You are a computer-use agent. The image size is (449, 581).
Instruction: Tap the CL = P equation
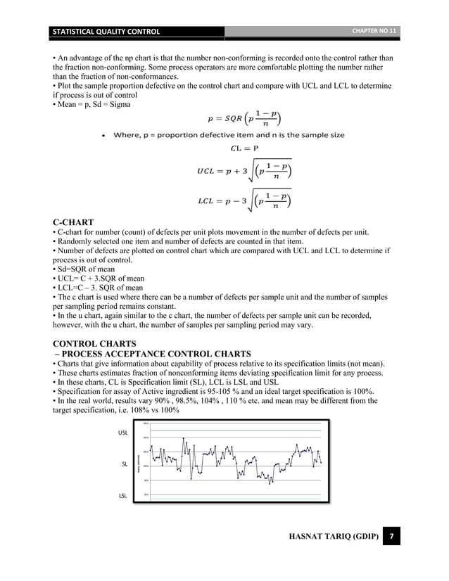244,148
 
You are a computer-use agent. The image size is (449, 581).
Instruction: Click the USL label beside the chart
123,433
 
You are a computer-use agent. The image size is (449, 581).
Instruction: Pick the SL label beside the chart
125,464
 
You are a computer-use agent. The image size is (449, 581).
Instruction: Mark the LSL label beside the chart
123,496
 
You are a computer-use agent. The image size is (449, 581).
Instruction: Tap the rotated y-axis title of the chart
137,460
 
